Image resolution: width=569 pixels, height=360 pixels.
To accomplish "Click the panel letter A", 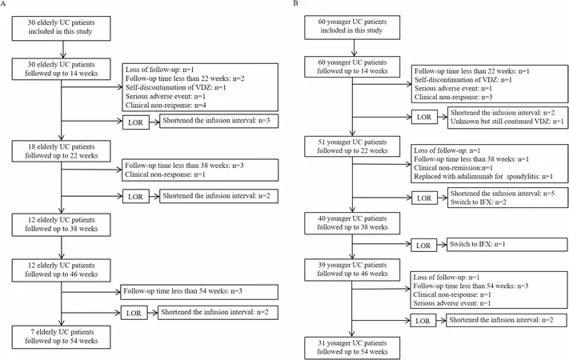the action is coord(3,4).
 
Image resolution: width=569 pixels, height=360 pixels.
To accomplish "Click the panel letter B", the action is coord(295,3).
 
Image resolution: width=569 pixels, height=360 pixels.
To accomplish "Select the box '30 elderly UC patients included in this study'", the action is coord(61,28).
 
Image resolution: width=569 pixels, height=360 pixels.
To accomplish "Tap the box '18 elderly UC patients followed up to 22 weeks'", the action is coord(61,151).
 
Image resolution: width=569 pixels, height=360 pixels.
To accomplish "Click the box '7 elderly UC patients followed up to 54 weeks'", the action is coord(61,337).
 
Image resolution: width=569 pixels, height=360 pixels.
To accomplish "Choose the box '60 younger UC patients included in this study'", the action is coord(352,27).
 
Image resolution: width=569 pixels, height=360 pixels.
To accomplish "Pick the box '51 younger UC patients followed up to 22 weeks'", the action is coord(352,146).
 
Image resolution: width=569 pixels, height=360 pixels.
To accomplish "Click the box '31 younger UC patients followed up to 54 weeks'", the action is coord(352,348).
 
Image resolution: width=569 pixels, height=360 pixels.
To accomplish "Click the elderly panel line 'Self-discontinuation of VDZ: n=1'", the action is coord(175,87).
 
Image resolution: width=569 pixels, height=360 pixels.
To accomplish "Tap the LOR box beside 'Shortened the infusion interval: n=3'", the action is coord(136,122).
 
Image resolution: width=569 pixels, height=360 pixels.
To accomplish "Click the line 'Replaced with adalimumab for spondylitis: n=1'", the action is coord(483,177).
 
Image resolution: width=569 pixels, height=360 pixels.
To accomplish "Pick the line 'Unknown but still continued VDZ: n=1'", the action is coord(507,122).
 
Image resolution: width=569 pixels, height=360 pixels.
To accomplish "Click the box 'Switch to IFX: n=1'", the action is coord(507,244).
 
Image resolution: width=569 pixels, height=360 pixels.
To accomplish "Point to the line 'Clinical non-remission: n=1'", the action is coord(453,168).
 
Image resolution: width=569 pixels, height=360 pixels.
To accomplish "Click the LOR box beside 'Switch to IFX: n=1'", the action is coord(423,246).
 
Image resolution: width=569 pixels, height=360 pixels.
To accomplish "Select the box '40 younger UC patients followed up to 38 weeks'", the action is coord(352,223).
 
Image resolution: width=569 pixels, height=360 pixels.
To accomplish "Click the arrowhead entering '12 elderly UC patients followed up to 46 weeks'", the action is coord(62,256).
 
